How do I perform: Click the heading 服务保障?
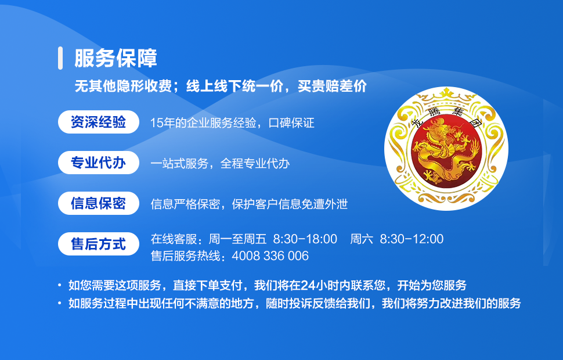(x=116, y=58)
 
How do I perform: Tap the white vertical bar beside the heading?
(x=60, y=58)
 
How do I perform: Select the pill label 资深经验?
(x=99, y=122)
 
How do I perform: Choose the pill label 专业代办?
(x=99, y=163)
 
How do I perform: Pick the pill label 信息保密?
(x=99, y=203)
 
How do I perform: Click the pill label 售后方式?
(x=99, y=244)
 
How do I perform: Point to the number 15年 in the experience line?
(x=163, y=123)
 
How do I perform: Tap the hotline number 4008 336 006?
(x=270, y=256)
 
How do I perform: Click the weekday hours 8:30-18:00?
(x=305, y=239)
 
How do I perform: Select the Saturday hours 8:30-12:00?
(x=412, y=239)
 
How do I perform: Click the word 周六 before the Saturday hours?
(x=362, y=239)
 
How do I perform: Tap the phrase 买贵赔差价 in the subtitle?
(x=332, y=87)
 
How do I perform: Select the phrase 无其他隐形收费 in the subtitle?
(x=123, y=87)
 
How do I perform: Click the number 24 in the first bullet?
(x=308, y=285)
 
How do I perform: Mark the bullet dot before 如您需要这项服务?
(x=60, y=285)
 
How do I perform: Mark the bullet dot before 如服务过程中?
(x=60, y=303)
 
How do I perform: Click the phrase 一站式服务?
(x=179, y=164)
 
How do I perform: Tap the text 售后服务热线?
(x=185, y=256)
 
